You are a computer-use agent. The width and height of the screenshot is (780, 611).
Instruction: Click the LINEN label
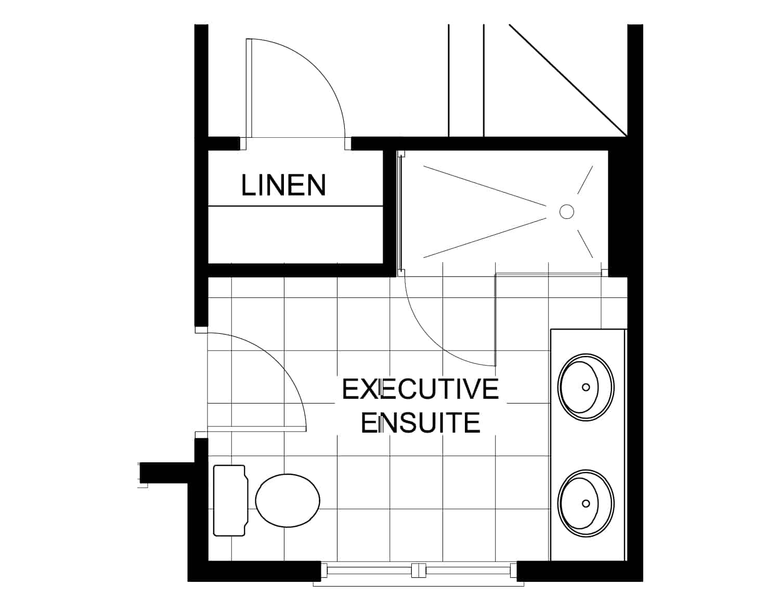tap(283, 185)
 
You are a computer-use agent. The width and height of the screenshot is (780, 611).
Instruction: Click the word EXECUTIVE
tap(420, 389)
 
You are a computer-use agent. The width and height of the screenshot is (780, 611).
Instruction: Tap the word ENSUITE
tap(420, 423)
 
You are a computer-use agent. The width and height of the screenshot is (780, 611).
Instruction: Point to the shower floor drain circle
tap(566, 211)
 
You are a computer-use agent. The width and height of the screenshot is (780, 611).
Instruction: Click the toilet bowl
tap(288, 500)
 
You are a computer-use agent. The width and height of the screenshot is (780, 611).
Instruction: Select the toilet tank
tap(230, 500)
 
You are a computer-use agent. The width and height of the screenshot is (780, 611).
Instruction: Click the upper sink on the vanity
tap(586, 387)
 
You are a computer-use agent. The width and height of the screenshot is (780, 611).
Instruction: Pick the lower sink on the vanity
tap(586, 503)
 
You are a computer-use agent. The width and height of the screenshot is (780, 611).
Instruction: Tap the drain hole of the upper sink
tap(586, 387)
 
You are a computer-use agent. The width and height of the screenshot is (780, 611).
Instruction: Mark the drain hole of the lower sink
tap(586, 503)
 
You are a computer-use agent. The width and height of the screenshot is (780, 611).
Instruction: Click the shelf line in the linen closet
tap(295, 206)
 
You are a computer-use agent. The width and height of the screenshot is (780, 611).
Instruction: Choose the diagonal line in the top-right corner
tap(568, 81)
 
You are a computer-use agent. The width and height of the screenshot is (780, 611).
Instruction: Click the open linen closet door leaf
tap(249, 88)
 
